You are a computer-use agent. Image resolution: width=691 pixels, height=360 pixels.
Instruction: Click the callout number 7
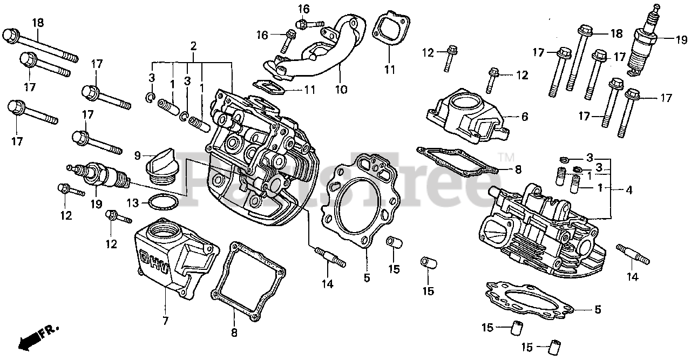click(165, 321)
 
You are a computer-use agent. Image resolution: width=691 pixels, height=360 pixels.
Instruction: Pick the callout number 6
click(525, 117)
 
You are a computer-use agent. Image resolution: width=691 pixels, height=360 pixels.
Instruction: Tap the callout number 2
click(193, 46)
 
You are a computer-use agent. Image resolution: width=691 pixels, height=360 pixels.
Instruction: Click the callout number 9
click(138, 156)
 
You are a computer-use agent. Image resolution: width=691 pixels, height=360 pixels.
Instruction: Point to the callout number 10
click(340, 89)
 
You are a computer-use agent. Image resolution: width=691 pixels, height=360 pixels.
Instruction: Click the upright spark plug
click(645, 40)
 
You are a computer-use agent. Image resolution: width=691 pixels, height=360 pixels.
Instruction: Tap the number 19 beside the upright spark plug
click(681, 39)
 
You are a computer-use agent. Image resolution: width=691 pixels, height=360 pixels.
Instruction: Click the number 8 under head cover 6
click(518, 169)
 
